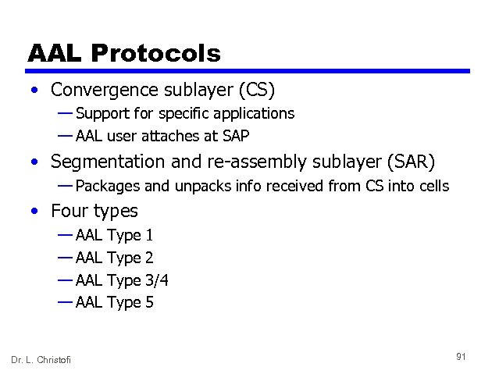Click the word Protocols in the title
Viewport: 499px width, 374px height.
pyautogui.click(x=155, y=53)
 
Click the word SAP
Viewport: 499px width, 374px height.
pyautogui.click(x=235, y=136)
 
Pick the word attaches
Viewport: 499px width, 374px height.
pyautogui.click(x=170, y=136)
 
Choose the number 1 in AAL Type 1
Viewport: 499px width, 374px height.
pyautogui.click(x=149, y=236)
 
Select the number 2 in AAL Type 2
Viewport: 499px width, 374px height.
pyautogui.click(x=149, y=258)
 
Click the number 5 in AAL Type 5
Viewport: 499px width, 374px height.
pyautogui.click(x=149, y=302)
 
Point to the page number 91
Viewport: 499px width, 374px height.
pyautogui.click(x=461, y=356)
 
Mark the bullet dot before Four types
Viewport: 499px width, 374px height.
pyautogui.click(x=35, y=212)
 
